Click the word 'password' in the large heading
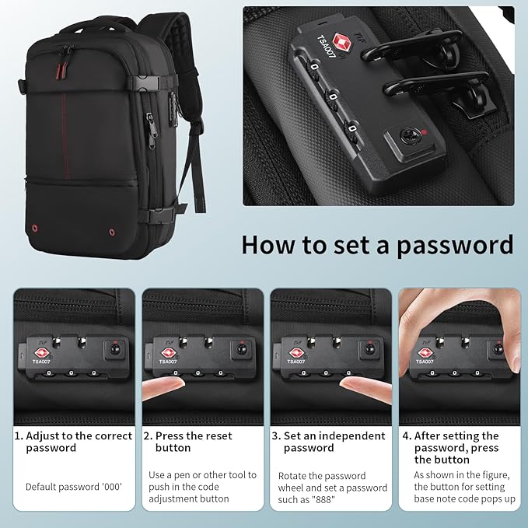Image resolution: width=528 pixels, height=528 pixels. click(x=455, y=246)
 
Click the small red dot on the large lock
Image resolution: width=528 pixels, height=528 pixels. click(x=425, y=132)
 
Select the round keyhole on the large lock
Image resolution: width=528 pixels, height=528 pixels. click(x=409, y=136)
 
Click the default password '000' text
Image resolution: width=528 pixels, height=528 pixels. click(x=111, y=487)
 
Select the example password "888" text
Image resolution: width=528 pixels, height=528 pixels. click(x=324, y=499)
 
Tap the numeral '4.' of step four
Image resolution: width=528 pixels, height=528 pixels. click(x=407, y=436)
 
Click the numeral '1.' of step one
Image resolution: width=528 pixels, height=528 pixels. click(x=19, y=436)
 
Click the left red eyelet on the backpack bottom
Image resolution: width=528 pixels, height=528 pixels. click(x=34, y=229)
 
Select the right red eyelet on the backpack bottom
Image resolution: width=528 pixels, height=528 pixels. click(x=112, y=232)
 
